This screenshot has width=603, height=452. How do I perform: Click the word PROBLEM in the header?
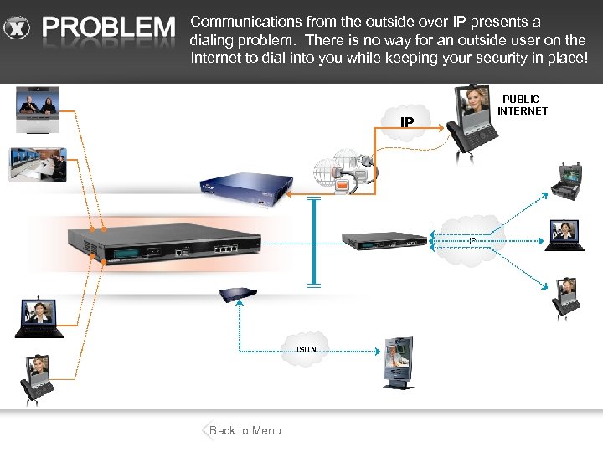109,29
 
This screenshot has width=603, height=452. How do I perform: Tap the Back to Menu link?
244,430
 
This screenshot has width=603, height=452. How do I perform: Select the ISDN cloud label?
307,350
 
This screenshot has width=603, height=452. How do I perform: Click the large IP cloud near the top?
407,123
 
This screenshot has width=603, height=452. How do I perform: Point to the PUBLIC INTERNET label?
522,105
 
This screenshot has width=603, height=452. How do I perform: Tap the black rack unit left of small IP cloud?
385,239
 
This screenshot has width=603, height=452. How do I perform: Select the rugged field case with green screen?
573,184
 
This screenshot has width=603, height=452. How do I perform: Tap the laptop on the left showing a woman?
39,318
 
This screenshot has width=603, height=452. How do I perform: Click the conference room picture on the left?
37,165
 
